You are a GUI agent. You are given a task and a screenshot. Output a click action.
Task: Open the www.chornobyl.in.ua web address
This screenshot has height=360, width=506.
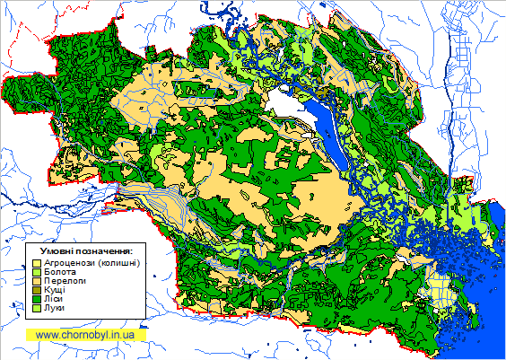pos(85,334)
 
